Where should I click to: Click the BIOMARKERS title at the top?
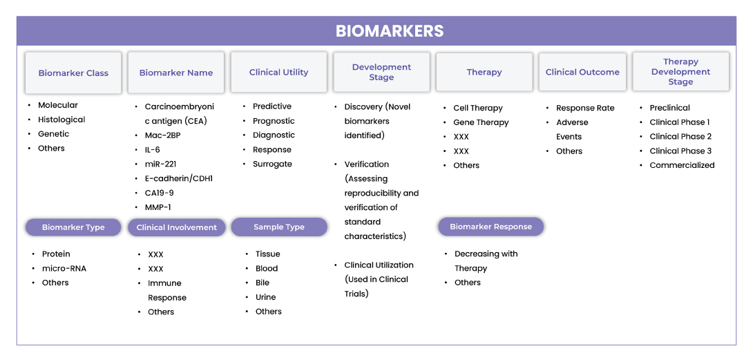click(390, 31)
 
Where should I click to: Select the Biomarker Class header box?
click(73, 73)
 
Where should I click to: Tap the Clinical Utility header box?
click(278, 72)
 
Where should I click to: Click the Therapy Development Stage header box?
click(680, 72)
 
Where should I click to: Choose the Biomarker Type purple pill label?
click(73, 227)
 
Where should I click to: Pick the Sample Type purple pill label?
click(279, 227)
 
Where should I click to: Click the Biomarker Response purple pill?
click(490, 227)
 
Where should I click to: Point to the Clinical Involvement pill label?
click(177, 227)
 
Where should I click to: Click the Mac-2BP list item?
click(163, 135)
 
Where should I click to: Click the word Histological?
click(61, 120)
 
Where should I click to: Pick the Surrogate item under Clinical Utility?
click(272, 164)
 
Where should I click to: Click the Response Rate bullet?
click(585, 108)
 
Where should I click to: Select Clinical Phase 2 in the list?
click(680, 137)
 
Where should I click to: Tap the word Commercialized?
click(682, 165)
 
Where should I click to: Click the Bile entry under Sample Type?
click(263, 283)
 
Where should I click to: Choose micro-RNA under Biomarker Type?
click(64, 268)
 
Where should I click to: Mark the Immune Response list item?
click(166, 290)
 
